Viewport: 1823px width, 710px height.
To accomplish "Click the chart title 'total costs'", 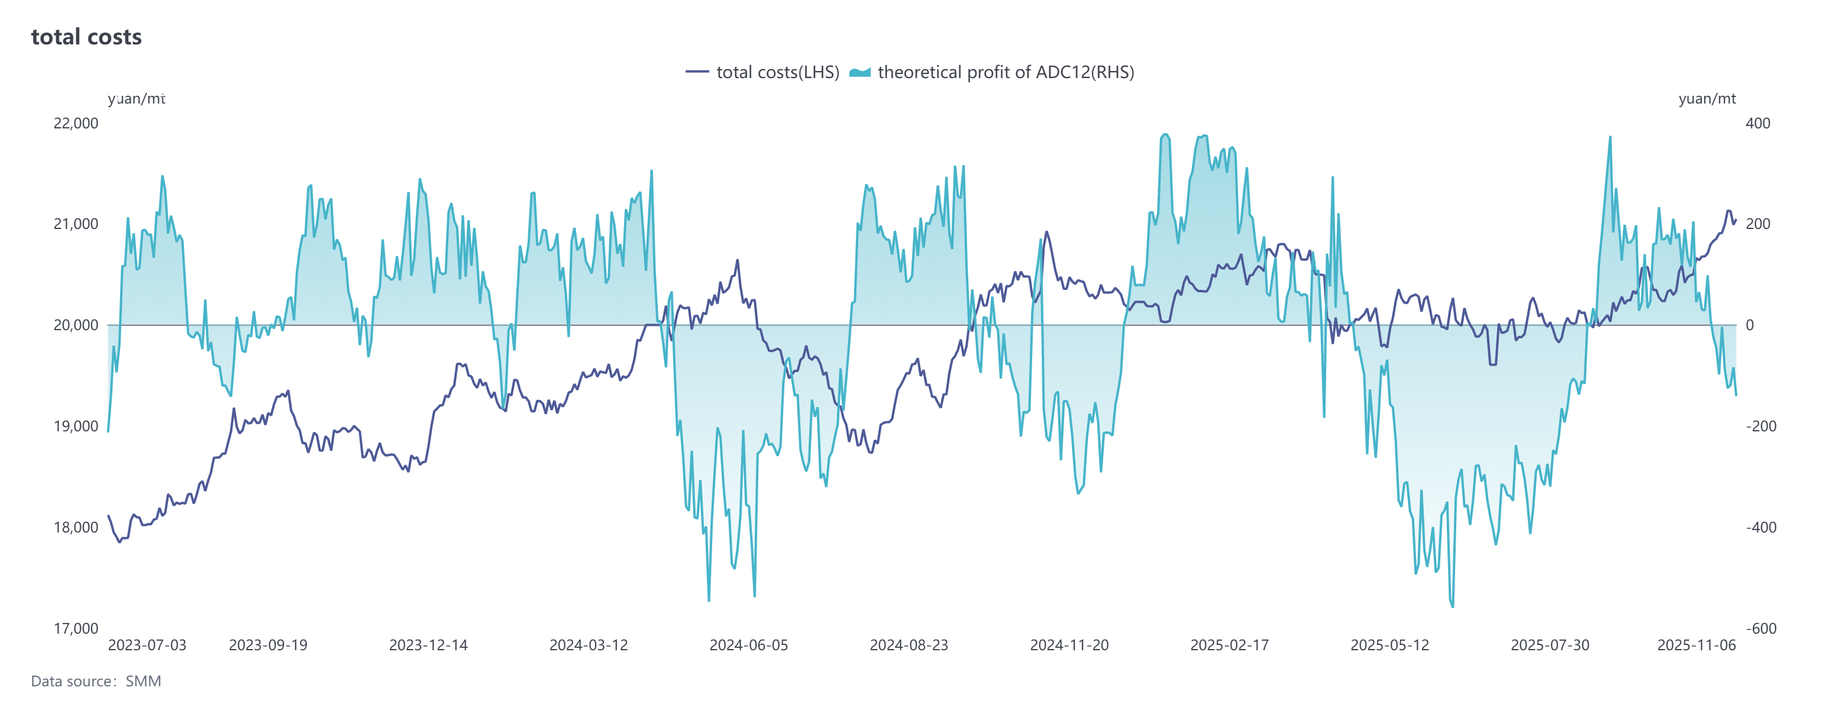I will [86, 37].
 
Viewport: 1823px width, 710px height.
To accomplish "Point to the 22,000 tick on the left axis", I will [76, 123].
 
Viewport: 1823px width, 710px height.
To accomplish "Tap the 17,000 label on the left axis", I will [76, 628].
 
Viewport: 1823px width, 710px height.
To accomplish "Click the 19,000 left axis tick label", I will [76, 426].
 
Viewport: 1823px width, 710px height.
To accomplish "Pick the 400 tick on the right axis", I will [1758, 123].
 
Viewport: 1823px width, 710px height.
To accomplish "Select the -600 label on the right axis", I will [1761, 628].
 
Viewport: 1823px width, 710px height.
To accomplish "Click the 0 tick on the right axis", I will [1750, 325].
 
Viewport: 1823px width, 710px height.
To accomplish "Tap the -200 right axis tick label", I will [1761, 426].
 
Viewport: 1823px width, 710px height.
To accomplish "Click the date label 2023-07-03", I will [147, 646].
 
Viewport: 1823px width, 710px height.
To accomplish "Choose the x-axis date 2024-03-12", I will [589, 646].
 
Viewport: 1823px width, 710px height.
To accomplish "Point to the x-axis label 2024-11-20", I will [1069, 646].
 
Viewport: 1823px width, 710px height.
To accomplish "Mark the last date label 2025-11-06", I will [1696, 646].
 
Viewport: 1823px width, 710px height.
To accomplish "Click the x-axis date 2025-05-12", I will [1390, 646].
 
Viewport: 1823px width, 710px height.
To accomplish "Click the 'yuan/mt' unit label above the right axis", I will [1707, 99].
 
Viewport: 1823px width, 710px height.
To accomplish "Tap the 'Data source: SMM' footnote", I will [96, 682].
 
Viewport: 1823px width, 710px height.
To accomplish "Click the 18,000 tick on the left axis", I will [76, 527].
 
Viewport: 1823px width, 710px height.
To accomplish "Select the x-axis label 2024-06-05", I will [749, 646].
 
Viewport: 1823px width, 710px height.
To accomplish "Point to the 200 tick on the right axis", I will [1758, 224].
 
